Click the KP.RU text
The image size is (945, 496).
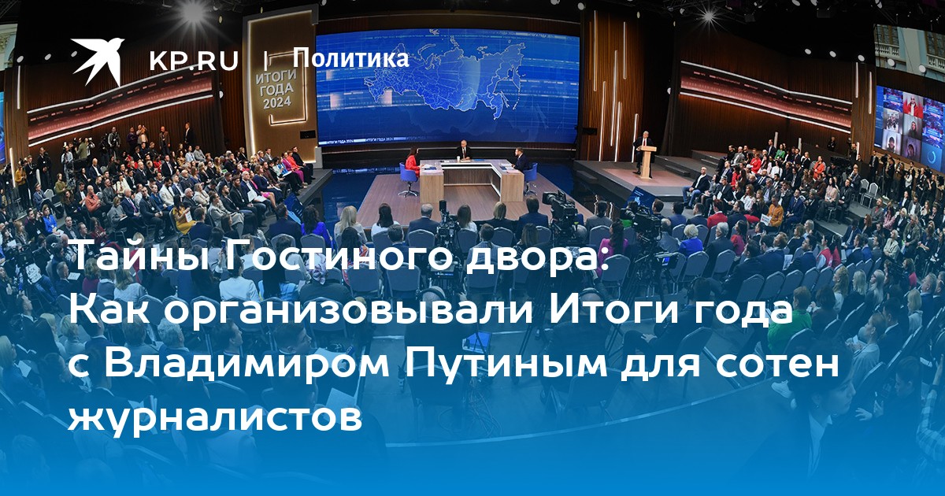(194, 61)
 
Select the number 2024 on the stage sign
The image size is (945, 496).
(276, 103)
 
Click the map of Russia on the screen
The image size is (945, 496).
(447, 80)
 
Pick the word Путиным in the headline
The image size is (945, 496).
(507, 364)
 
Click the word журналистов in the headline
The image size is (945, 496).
(215, 416)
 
